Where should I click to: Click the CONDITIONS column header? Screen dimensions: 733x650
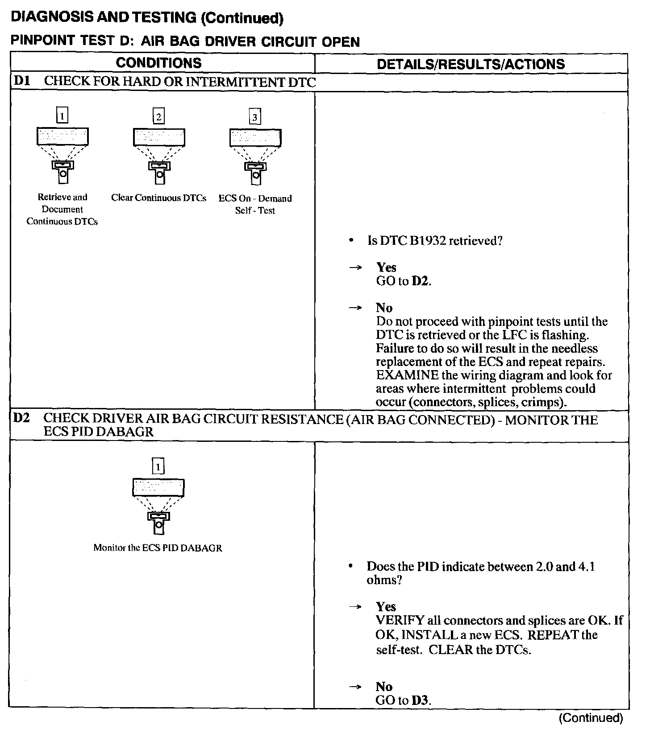tap(158, 63)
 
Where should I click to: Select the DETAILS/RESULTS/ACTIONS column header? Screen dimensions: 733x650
tap(471, 64)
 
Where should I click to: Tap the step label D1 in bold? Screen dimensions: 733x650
tap(21, 81)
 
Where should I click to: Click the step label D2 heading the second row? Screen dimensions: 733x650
tap(21, 419)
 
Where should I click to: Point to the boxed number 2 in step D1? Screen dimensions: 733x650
tap(158, 117)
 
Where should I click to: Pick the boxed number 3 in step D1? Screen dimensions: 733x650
tap(255, 117)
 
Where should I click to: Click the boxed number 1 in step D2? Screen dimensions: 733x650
tap(158, 467)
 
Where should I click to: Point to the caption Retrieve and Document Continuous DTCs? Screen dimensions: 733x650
tap(62, 209)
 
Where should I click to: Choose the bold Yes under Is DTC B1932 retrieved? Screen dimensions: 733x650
tap(386, 267)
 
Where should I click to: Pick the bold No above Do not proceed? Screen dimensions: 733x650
tap(384, 308)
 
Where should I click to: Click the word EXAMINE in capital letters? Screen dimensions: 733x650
tap(407, 375)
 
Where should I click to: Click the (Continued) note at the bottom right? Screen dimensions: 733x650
tap(590, 718)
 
